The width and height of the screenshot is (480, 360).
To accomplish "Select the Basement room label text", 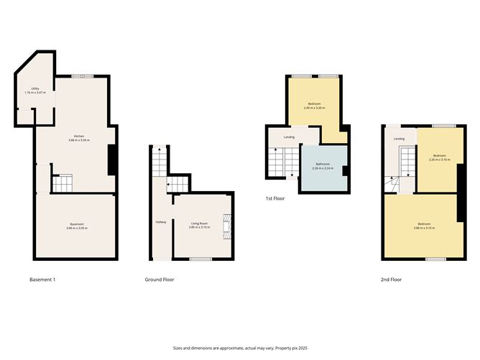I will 75,226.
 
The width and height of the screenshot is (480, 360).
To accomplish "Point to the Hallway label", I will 161,221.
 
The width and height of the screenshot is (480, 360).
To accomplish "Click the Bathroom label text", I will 325,166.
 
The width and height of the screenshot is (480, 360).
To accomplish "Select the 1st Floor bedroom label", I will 315,106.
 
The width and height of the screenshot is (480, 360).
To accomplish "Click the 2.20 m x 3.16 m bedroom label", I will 439,158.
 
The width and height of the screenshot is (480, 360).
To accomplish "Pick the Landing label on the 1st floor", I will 289,137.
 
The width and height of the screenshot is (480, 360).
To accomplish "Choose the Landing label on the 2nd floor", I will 399,139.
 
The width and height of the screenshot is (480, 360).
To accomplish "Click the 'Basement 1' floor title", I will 42,279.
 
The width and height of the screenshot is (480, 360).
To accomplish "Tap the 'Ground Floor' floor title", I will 160,279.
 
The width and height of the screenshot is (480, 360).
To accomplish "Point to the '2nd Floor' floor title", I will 391,279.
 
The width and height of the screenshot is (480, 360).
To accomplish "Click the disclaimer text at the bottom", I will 240,346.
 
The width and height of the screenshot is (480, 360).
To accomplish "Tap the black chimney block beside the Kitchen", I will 111,159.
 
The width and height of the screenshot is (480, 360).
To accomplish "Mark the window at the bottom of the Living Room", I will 200,258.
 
